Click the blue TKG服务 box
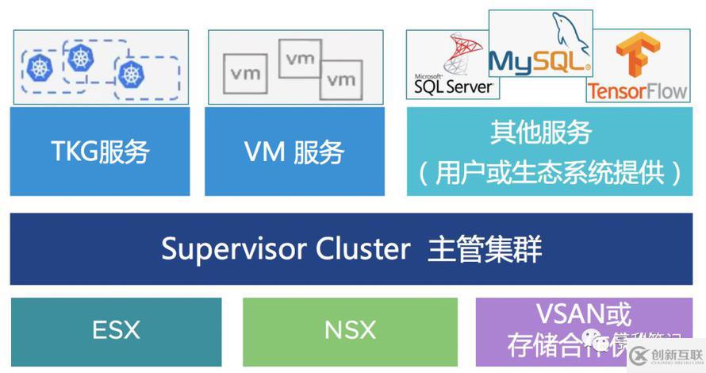tap(100, 151)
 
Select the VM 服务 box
tap(295, 151)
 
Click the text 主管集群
tap(485, 249)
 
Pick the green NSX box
tap(350, 330)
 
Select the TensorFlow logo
tap(636, 70)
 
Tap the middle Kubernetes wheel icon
tap(80, 56)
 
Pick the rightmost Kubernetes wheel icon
tap(131, 74)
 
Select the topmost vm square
tap(300, 58)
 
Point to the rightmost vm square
tap(342, 79)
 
